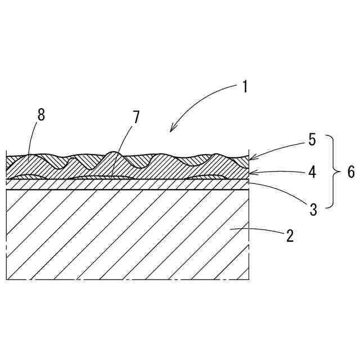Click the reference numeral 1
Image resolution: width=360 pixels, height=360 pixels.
click(x=245, y=87)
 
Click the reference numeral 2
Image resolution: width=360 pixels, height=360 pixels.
click(x=289, y=235)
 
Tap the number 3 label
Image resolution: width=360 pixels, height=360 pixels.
click(x=314, y=210)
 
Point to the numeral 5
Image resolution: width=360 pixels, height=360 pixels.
click(x=313, y=139)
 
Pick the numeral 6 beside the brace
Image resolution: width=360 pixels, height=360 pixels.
click(x=350, y=172)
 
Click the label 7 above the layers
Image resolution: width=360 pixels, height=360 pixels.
click(x=136, y=118)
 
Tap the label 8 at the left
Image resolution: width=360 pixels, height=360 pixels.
click(x=41, y=115)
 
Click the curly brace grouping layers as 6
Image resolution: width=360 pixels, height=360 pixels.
click(x=332, y=172)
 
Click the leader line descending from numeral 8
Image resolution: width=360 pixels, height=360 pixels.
click(x=33, y=141)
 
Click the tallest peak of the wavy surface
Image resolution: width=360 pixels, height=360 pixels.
click(x=114, y=152)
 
